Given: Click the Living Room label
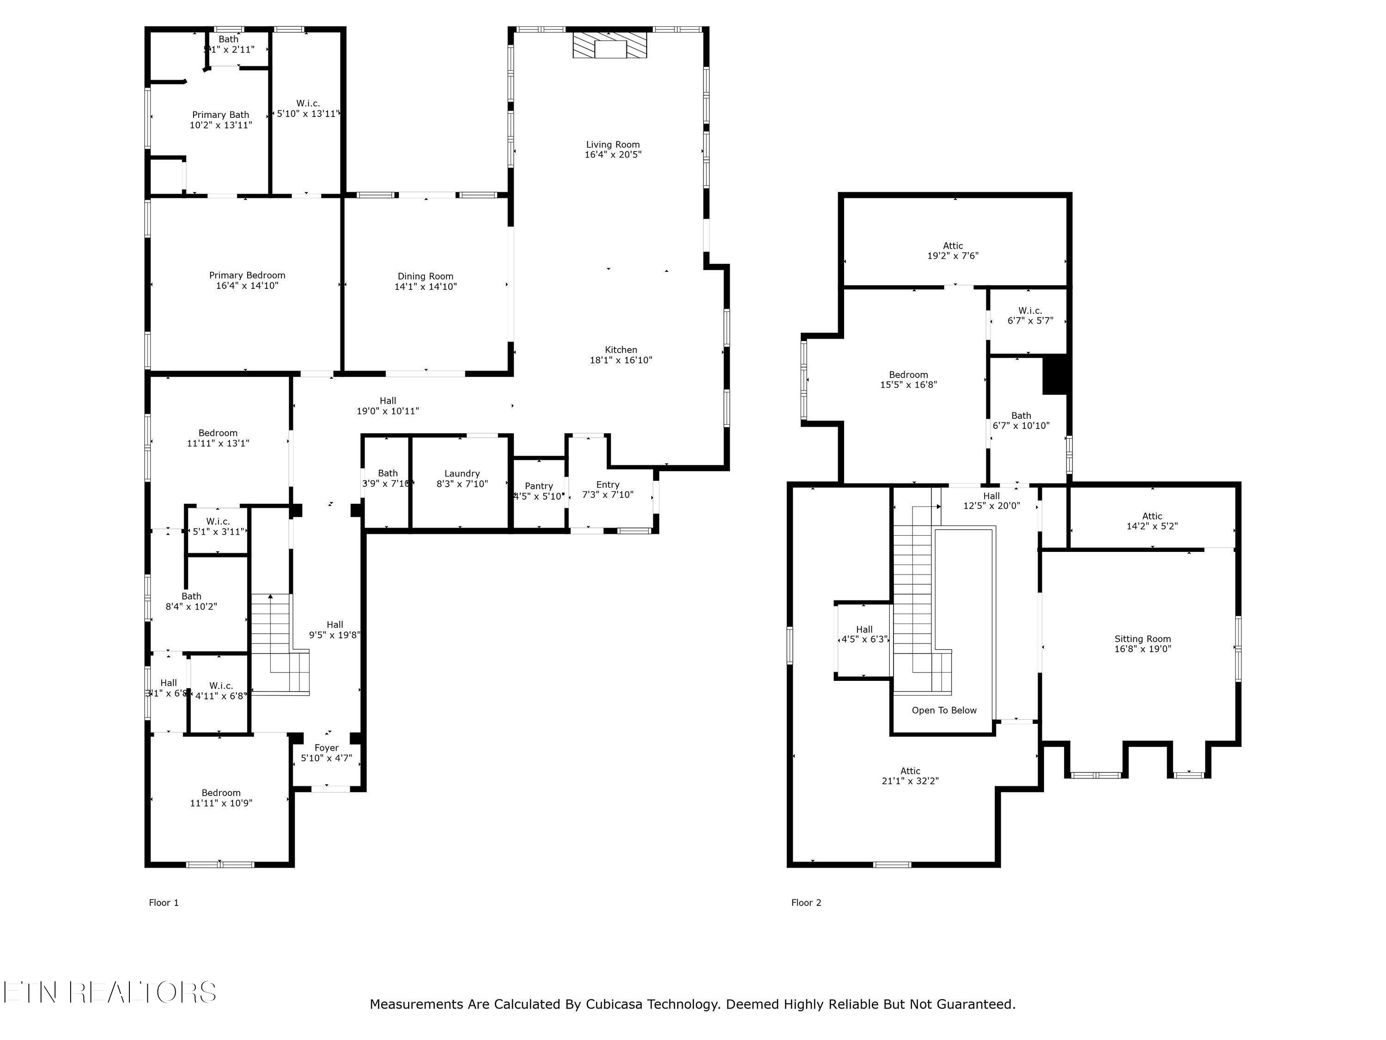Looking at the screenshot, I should [x=613, y=144].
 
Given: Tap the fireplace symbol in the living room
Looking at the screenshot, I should [x=610, y=46].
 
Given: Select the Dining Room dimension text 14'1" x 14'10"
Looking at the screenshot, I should [x=426, y=287].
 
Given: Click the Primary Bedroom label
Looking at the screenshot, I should [x=247, y=275].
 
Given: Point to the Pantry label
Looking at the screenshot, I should [x=539, y=486].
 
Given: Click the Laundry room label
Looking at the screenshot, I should [x=462, y=474].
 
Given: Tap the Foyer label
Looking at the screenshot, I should [x=327, y=748].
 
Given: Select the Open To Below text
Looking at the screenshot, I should [x=943, y=710].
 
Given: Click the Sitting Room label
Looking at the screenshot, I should [x=1142, y=639].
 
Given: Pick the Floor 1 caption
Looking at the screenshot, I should [x=164, y=903].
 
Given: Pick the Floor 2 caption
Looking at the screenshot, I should [x=806, y=903].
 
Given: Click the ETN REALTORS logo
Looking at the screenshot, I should [x=109, y=992].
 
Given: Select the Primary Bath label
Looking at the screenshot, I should [x=220, y=115].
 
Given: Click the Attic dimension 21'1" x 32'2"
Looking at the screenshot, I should [x=910, y=781].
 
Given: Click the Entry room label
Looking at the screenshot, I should [x=608, y=484].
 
